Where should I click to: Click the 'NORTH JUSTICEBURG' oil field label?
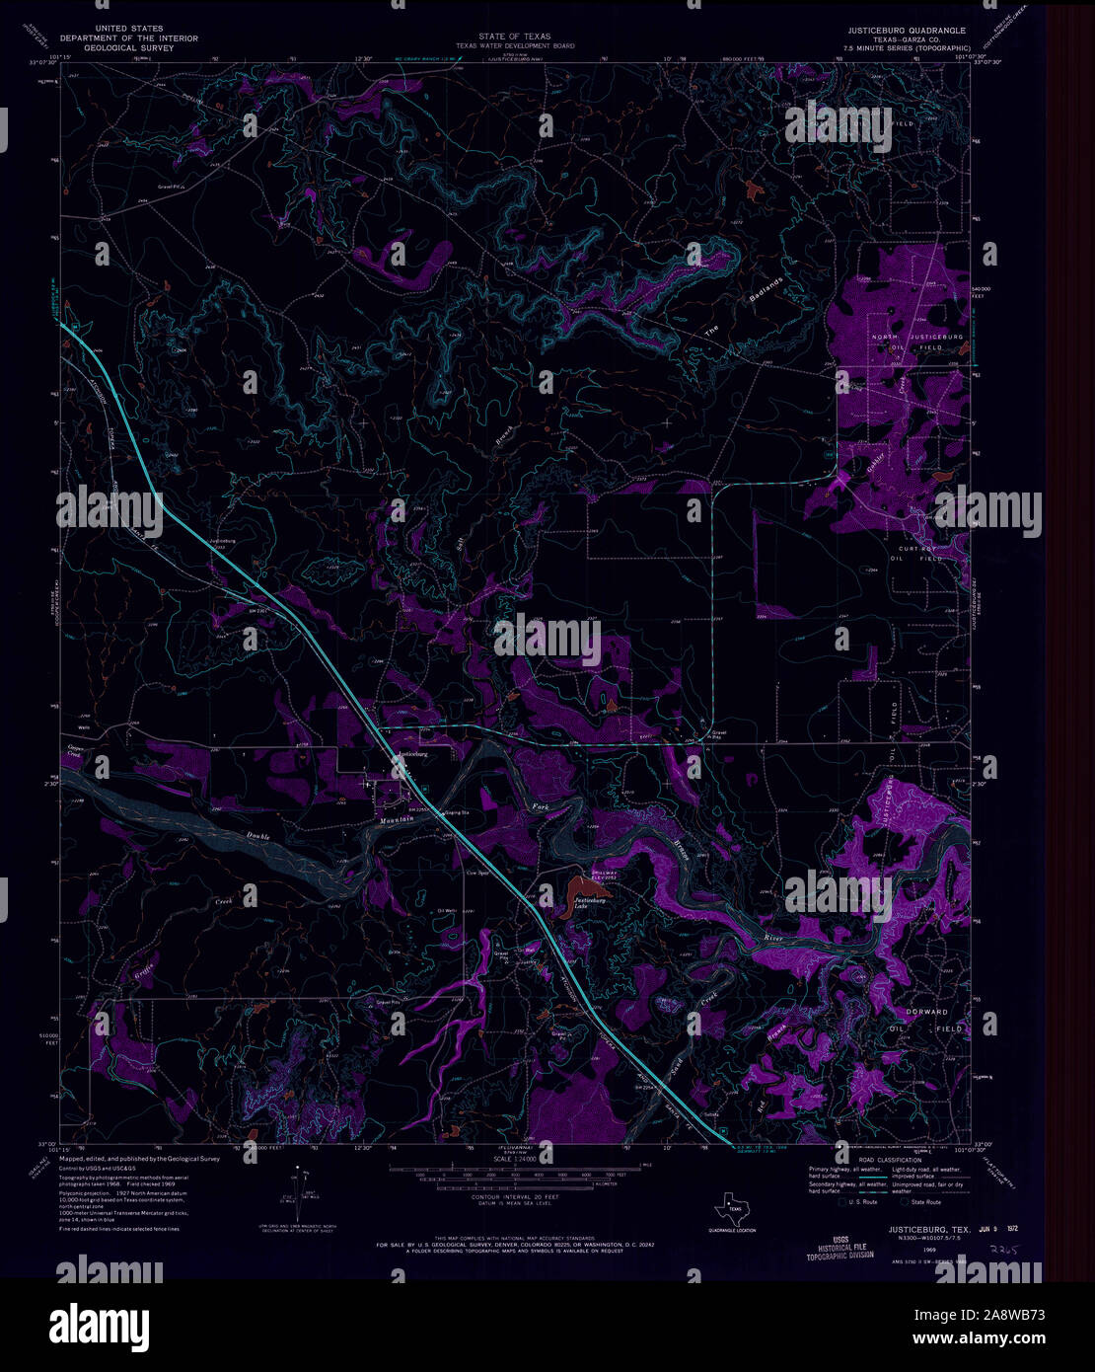coord(916,338)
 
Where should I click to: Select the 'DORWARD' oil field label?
coord(926,1012)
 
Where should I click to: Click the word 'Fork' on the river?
coord(540,807)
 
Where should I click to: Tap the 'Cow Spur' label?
coord(477,873)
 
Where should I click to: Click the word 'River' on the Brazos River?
coord(776,936)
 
